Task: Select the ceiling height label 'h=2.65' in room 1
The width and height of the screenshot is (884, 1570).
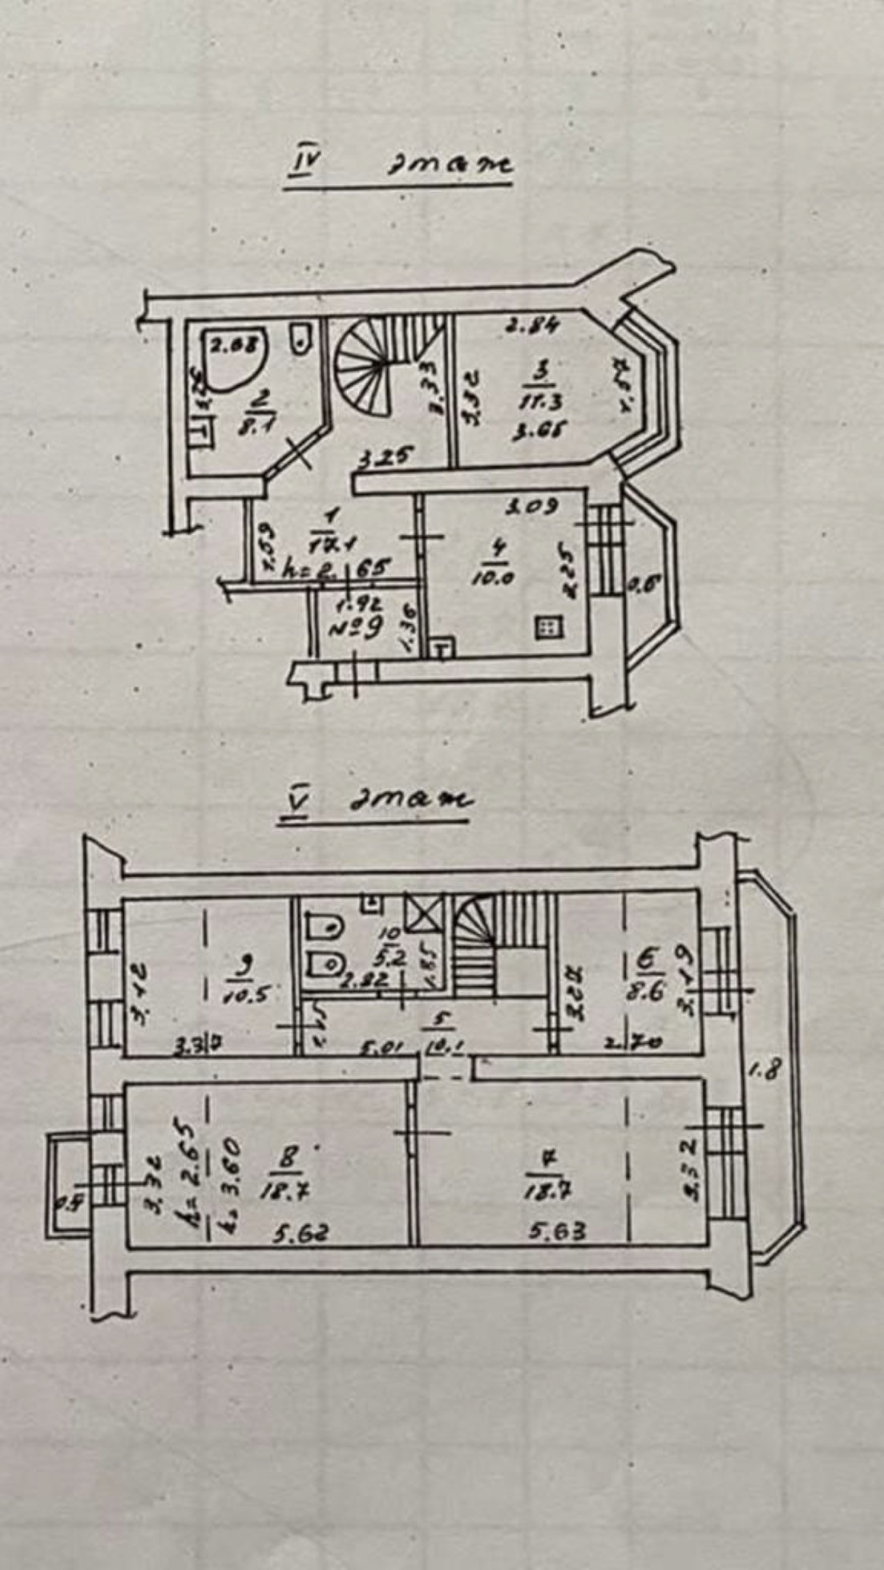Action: pos(338,570)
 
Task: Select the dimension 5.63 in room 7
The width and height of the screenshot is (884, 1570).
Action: pos(556,1229)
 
